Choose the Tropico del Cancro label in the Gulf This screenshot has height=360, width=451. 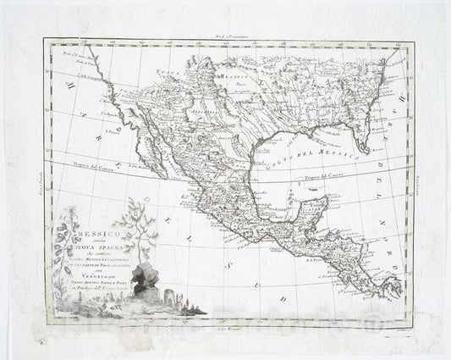[316, 178]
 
